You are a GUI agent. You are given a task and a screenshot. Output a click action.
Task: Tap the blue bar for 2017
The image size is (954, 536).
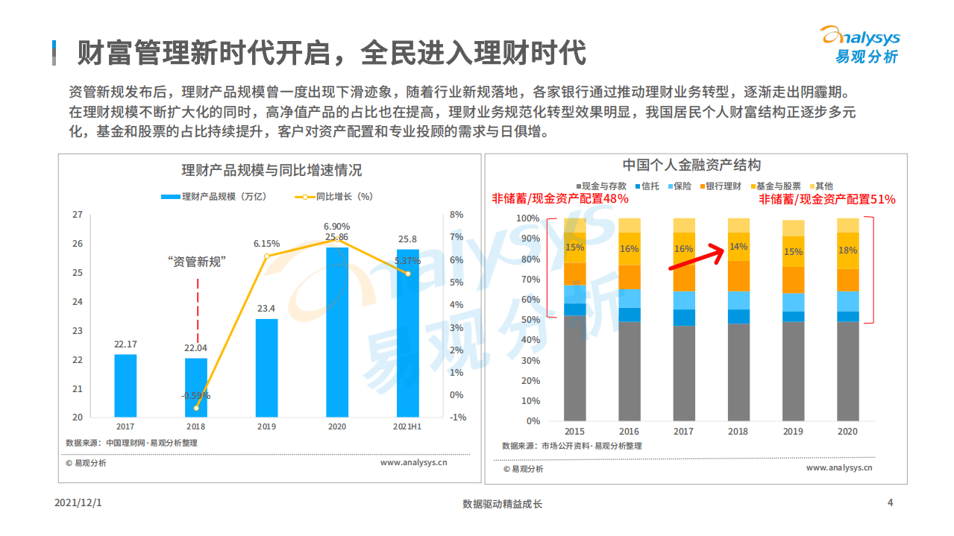125,385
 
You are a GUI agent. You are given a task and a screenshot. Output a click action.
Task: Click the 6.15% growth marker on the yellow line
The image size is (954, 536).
267,256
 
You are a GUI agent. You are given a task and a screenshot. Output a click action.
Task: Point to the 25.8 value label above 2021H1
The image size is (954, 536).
407,239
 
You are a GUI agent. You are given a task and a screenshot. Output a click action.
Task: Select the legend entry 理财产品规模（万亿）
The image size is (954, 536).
213,197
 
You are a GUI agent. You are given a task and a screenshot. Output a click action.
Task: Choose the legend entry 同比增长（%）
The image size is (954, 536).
336,197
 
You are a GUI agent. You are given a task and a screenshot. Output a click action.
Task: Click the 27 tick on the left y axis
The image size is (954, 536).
77,215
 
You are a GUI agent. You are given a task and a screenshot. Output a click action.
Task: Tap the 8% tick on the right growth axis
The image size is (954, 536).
456,215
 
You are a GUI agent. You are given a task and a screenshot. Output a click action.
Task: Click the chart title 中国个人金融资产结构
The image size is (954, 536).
691,165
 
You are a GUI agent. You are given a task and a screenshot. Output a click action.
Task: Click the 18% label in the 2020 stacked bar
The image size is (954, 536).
847,250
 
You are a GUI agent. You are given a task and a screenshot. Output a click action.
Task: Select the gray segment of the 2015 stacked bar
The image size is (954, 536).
574,368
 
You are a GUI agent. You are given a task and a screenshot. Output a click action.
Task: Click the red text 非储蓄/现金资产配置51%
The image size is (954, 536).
827,199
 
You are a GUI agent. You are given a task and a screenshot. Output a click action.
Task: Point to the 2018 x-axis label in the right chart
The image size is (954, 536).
738,432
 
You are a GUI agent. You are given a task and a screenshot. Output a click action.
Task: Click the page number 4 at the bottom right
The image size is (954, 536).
890,502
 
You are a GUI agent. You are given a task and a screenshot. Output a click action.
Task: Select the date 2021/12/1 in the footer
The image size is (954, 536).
78,503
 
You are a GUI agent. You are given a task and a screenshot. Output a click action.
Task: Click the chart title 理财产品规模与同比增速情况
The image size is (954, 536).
272,170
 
